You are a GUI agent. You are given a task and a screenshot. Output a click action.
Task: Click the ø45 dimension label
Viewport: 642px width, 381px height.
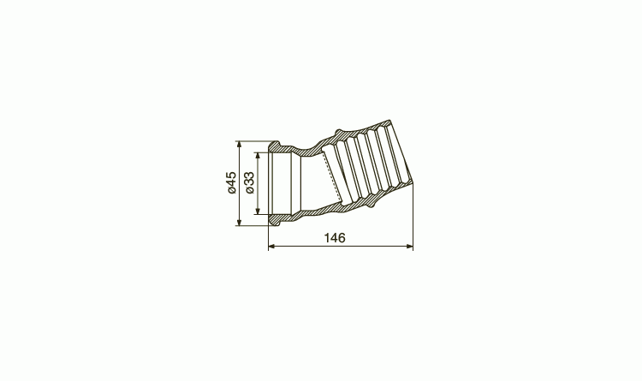231,182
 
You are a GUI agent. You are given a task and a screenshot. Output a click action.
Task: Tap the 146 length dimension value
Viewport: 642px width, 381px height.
335,238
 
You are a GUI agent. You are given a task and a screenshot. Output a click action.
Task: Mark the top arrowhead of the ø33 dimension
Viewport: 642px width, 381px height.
257,156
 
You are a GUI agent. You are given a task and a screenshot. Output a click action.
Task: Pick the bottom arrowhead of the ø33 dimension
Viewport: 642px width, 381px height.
257,211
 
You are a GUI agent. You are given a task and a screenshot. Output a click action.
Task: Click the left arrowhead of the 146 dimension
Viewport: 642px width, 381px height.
272,247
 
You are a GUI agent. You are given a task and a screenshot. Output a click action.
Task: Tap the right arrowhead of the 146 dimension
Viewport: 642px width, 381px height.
409,247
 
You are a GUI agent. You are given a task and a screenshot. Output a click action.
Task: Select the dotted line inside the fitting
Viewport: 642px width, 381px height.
333,177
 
